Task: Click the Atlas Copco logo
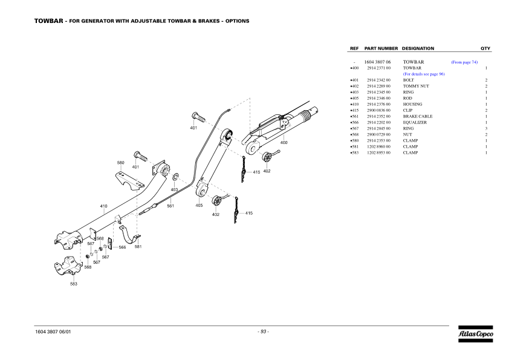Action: tap(475, 333)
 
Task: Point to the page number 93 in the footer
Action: tap(263, 331)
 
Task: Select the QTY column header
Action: tap(485, 48)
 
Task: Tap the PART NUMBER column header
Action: tap(381, 48)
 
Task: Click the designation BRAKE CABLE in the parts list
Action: tap(418, 116)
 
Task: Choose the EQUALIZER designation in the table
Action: tap(415, 122)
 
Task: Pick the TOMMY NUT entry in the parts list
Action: tap(416, 86)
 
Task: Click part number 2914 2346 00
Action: tap(378, 98)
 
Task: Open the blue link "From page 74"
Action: tap(464, 62)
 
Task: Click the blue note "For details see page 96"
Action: tap(424, 74)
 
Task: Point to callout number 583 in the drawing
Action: tap(73, 284)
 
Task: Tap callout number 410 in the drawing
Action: tap(103, 206)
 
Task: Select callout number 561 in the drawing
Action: tap(170, 206)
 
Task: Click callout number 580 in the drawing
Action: tap(120, 163)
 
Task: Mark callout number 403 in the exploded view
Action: tap(174, 189)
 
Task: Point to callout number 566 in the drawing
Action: tap(122, 247)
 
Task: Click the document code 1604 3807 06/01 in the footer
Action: tap(56, 332)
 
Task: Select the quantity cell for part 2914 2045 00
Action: tap(486, 128)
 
